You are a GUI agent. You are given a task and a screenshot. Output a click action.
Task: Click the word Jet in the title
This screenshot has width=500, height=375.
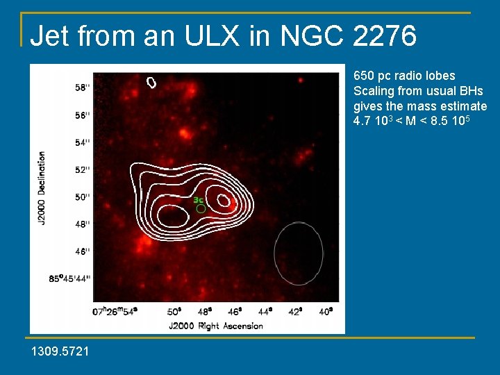pos(54,35)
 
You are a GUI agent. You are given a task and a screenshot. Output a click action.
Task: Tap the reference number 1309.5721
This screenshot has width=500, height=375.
pos(60,352)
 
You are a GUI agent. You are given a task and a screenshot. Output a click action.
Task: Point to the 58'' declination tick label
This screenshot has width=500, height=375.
pos(83,87)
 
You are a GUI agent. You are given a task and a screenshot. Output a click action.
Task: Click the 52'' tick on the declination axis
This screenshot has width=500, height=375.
pos(83,169)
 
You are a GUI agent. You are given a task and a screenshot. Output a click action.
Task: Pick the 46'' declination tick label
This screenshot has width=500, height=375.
pos(83,251)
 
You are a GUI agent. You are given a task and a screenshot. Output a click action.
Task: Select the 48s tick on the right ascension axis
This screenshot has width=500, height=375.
pos(203,312)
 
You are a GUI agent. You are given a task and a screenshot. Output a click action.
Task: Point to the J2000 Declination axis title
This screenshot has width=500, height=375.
pos(42,187)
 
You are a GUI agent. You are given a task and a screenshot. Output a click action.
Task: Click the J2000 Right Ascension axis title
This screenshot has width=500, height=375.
pos(216,326)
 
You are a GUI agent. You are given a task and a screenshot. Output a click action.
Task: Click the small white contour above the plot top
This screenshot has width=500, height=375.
pos(151,82)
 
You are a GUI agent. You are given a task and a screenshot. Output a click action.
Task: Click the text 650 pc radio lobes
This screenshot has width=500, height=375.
pos(404,75)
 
